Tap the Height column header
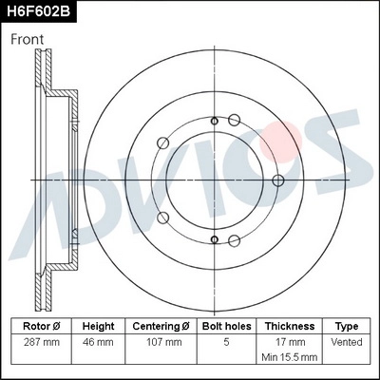pyautogui.click(x=98, y=325)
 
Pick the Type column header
pyautogui.click(x=347, y=325)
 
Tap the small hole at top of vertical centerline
pyautogui.click(x=215, y=120)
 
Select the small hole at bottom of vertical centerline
pyautogui.click(x=215, y=238)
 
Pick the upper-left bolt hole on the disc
pyautogui.click(x=162, y=143)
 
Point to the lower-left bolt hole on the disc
pyautogui.click(x=162, y=215)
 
